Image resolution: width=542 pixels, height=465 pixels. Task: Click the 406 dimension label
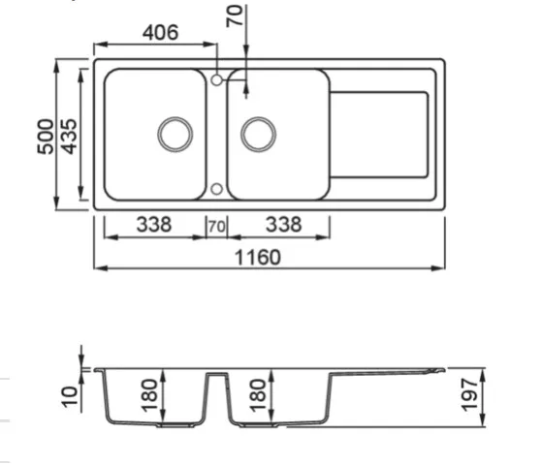(x=161, y=33)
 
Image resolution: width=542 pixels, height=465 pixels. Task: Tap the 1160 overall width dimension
(x=258, y=258)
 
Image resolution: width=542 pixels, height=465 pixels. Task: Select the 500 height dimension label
(x=46, y=137)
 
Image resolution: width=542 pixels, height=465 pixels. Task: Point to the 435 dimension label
(x=69, y=137)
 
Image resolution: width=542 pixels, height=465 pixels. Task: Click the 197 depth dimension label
(x=470, y=395)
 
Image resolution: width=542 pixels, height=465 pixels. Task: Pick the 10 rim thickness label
(x=70, y=397)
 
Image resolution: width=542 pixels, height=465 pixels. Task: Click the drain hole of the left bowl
(x=175, y=135)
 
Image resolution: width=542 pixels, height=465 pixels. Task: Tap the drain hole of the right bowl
(x=258, y=135)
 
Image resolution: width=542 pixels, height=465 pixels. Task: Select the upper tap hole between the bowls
(x=216, y=80)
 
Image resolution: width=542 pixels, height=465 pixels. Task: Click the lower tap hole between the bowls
(x=216, y=189)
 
